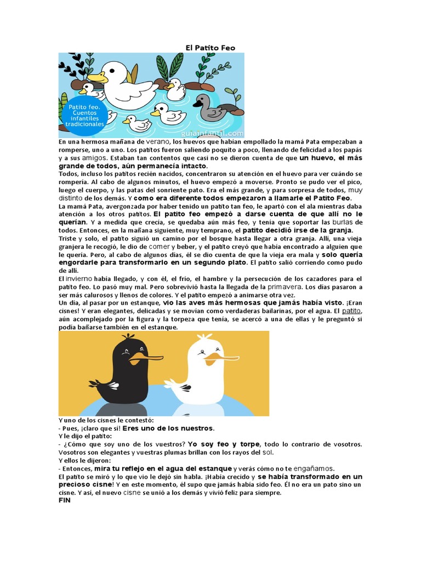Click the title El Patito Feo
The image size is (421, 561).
pyautogui.click(x=210, y=48)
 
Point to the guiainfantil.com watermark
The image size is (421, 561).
pyautogui.click(x=210, y=133)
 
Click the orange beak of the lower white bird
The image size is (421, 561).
pyautogui.click(x=225, y=358)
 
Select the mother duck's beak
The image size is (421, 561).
pyautogui.click(x=97, y=77)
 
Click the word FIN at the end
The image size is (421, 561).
pyautogui.click(x=64, y=500)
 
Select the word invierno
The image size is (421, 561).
pyautogui.click(x=80, y=279)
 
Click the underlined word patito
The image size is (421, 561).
pyautogui.click(x=351, y=311)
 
